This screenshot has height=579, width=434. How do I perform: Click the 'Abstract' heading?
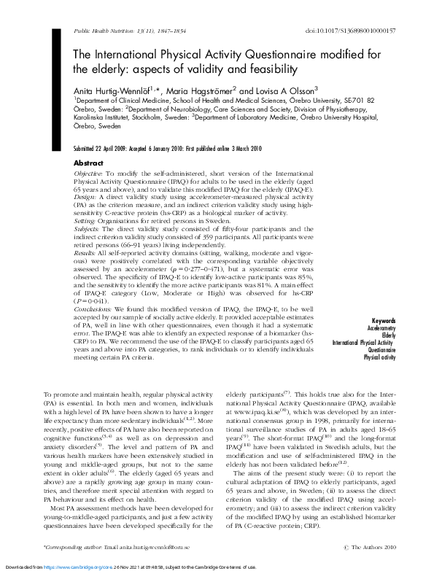(x=89, y=163)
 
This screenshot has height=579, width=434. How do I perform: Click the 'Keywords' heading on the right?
(x=384, y=321)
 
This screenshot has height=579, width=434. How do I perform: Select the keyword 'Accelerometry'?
(x=379, y=328)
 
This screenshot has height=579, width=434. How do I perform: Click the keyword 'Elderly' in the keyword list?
(x=387, y=335)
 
